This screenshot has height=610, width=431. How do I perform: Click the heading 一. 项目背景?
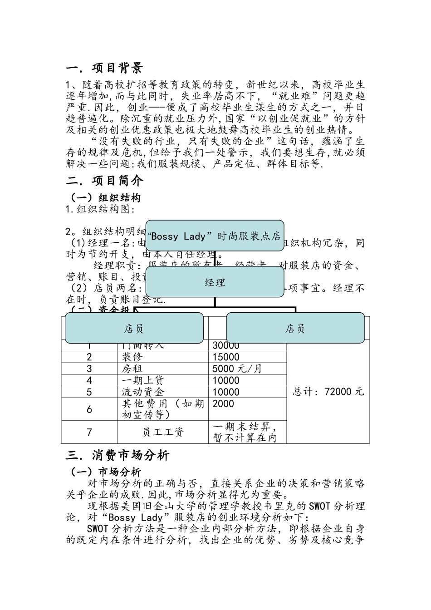pyautogui.click(x=104, y=68)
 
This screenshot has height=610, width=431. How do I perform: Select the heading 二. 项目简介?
pyautogui.click(x=104, y=181)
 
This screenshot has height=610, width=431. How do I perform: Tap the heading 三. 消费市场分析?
pyautogui.click(x=118, y=455)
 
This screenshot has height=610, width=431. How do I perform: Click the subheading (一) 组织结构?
pyautogui.click(x=105, y=197)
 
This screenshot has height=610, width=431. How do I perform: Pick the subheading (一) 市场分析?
pyautogui.click(x=105, y=472)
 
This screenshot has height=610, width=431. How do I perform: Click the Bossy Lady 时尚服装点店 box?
pyautogui.click(x=215, y=236)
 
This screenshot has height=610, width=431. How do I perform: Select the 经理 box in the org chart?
pyautogui.click(x=215, y=283)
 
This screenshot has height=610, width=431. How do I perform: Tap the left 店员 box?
pyautogui.click(x=134, y=328)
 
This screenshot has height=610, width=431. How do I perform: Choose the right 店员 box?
pyautogui.click(x=295, y=328)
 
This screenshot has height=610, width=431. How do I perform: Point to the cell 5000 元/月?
pyautogui.click(x=237, y=369)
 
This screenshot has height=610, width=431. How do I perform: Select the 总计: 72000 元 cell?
pyautogui.click(x=328, y=392)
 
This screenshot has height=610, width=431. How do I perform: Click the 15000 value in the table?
pyautogui.click(x=226, y=357)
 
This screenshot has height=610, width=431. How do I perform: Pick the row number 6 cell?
pyautogui.click(x=89, y=409)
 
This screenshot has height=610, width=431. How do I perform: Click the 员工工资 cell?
pyautogui.click(x=163, y=432)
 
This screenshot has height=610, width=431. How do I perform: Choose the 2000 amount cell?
pyautogui.click(x=223, y=404)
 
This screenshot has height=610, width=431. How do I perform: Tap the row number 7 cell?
pyautogui.click(x=89, y=432)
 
